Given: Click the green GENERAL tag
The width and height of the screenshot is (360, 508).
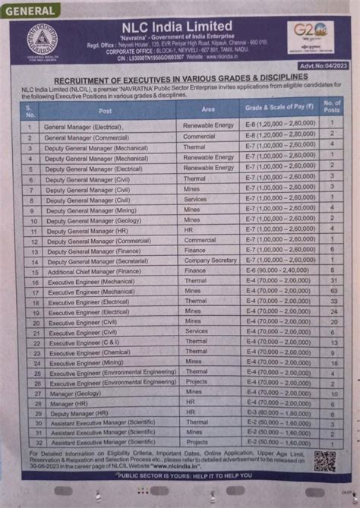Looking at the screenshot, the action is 32,11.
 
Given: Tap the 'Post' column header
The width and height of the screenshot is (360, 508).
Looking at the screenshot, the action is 105,110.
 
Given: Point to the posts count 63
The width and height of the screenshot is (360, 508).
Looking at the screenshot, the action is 333,289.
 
